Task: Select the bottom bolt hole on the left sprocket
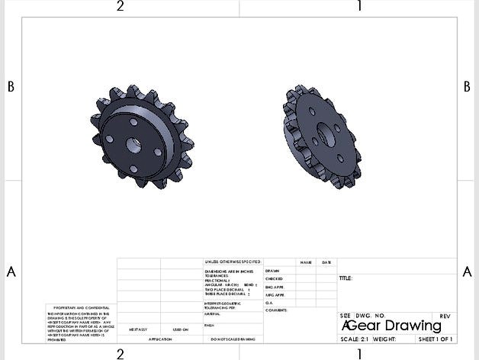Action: click(133, 169)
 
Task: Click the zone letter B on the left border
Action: click(11, 87)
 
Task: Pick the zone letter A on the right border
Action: click(466, 272)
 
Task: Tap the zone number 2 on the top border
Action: click(120, 7)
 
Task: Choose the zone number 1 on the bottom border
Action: click(358, 353)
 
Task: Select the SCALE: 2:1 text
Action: click(355, 339)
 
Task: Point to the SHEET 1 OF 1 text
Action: click(436, 339)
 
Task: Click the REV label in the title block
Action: click(445, 316)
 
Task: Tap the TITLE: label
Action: click(346, 278)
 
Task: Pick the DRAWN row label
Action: click(272, 271)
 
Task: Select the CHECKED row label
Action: click(275, 279)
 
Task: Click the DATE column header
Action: click(326, 262)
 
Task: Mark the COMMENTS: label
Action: click(276, 310)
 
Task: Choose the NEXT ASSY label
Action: click(137, 329)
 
